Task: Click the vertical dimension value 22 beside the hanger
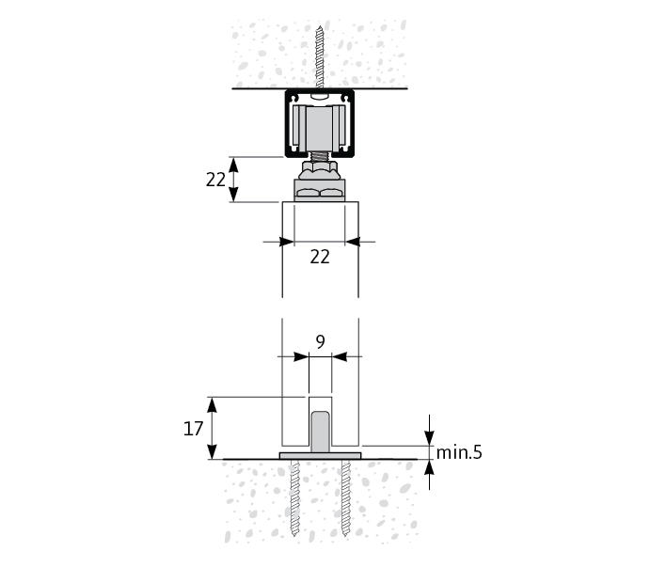(x=215, y=180)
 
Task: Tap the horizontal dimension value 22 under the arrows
(x=320, y=257)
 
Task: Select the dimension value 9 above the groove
(x=321, y=341)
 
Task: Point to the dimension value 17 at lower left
(x=193, y=429)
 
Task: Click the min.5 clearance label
(x=459, y=452)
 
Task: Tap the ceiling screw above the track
(x=320, y=57)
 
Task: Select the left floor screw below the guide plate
(x=294, y=497)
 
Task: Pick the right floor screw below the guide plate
(x=346, y=497)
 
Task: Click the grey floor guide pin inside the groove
(x=320, y=432)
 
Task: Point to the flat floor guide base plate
(x=320, y=456)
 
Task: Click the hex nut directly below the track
(x=320, y=170)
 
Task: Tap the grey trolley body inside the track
(x=320, y=129)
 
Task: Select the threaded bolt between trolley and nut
(x=320, y=156)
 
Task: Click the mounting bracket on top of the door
(x=320, y=190)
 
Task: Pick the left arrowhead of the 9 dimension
(x=301, y=356)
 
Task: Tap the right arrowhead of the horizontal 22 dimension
(x=353, y=242)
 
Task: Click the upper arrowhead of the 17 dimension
(x=212, y=405)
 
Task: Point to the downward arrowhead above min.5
(x=429, y=438)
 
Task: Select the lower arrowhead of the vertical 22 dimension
(x=233, y=194)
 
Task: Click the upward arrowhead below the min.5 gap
(x=429, y=467)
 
